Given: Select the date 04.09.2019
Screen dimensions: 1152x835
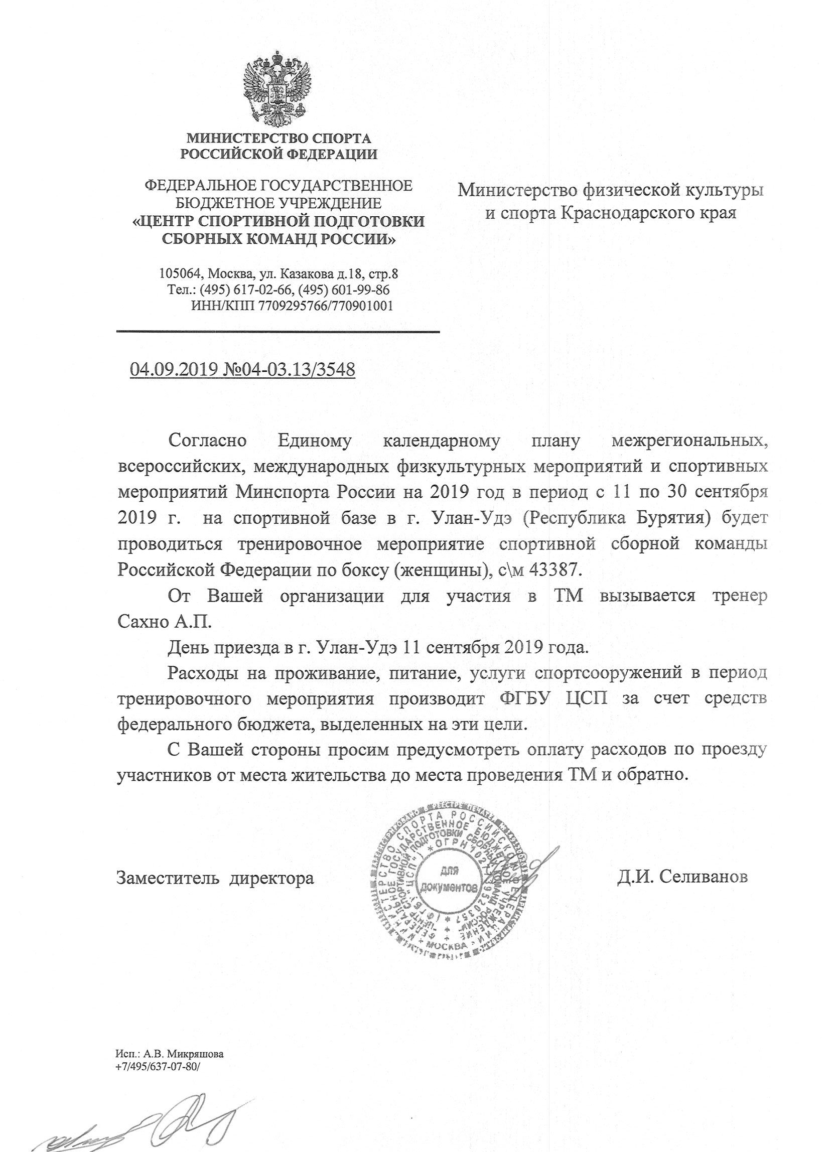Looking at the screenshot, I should click(174, 369).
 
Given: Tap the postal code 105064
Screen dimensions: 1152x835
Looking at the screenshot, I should click(178, 274).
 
